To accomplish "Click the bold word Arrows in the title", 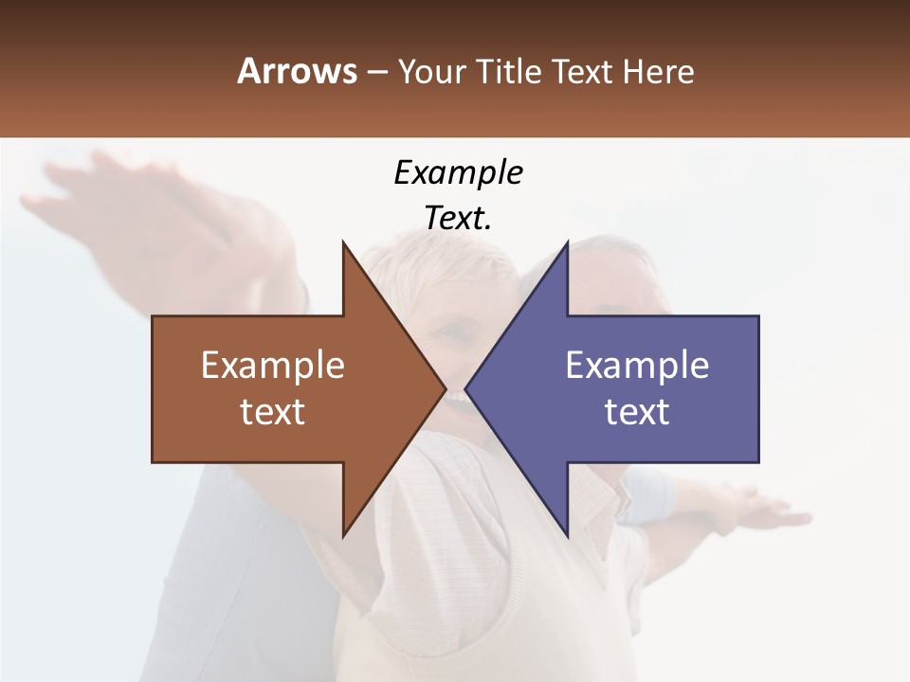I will point(297,71).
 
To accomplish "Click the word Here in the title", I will point(658,72).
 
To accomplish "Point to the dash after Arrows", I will point(376,73).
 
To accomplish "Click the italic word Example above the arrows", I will point(458,173).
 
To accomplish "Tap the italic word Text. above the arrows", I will point(458,219).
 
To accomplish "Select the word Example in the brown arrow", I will point(273,366).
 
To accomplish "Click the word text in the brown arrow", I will point(273,412).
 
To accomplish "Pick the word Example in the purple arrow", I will point(637,366).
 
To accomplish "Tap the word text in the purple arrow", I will point(637,412).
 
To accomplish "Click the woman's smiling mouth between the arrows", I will point(457,396).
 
